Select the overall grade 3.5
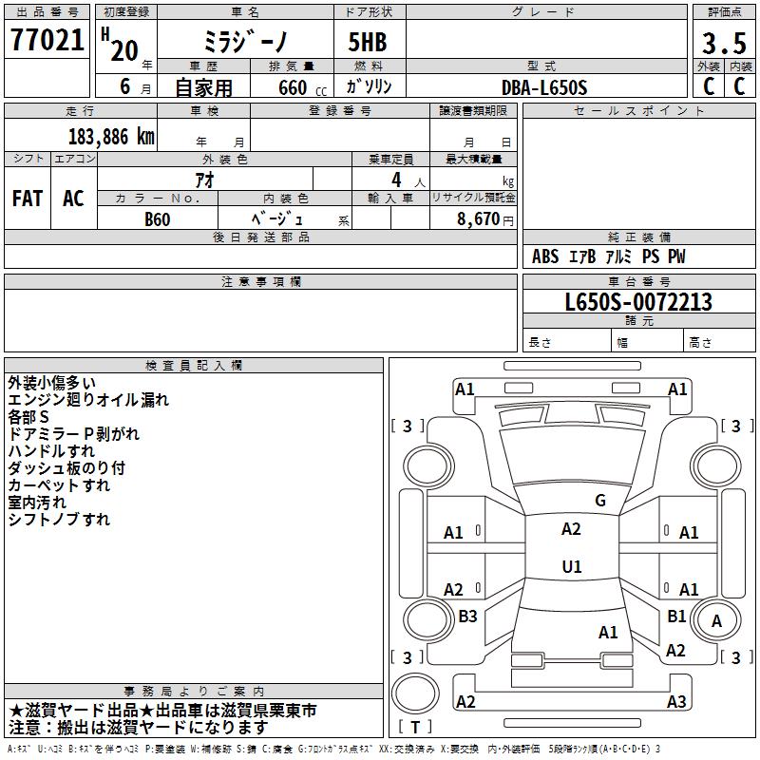tap(722, 44)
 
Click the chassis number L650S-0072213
tap(638, 303)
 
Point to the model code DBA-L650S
tap(544, 87)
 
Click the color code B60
tap(157, 218)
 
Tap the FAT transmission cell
tap(28, 199)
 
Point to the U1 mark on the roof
tap(571, 566)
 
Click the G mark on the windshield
tap(599, 501)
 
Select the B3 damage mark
tap(467, 617)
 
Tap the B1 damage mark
tap(676, 617)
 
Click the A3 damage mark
tap(676, 702)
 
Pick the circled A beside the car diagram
tap(717, 620)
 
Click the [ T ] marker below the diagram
tap(415, 727)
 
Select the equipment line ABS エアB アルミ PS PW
tap(608, 256)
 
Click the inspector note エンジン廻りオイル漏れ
tap(88, 400)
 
